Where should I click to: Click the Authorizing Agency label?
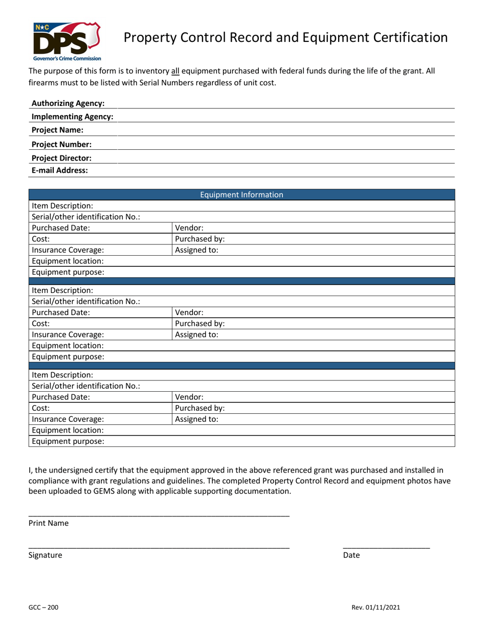68,103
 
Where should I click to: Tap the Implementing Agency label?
72,117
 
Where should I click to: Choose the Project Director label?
61,158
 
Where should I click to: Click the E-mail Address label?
59,171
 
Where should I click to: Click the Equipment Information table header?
241,195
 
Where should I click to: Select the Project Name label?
57,130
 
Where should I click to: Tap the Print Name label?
49,523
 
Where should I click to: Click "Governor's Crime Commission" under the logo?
67,59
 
